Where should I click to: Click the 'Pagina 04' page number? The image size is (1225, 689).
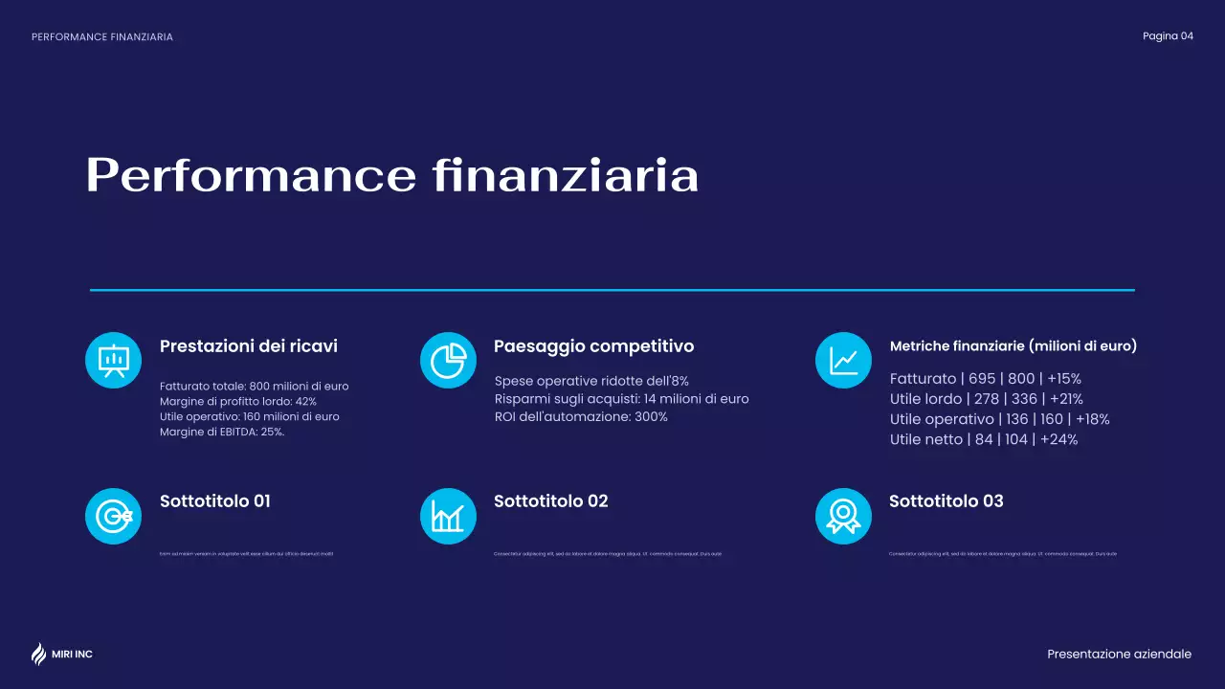click(x=1168, y=36)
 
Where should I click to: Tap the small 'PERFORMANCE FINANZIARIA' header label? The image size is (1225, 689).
click(x=102, y=37)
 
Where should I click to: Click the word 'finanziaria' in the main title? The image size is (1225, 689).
click(x=565, y=176)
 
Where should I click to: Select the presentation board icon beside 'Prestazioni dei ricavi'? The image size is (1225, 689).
click(x=114, y=360)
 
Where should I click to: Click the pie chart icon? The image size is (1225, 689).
click(x=448, y=360)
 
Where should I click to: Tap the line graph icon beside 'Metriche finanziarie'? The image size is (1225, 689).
click(x=843, y=360)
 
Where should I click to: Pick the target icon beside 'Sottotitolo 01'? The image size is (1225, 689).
click(x=114, y=516)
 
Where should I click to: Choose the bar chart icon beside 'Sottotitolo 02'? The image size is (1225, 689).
click(x=448, y=516)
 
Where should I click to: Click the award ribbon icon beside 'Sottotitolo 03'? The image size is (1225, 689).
click(x=843, y=516)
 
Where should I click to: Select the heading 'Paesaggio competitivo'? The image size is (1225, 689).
click(x=593, y=346)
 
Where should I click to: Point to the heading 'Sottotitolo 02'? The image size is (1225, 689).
click(x=550, y=501)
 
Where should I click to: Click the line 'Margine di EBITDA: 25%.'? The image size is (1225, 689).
click(x=222, y=433)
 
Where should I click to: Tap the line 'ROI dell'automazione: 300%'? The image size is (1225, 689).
click(x=581, y=417)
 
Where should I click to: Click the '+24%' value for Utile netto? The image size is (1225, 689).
click(x=1058, y=440)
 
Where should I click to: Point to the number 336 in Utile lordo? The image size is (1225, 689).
click(x=1024, y=399)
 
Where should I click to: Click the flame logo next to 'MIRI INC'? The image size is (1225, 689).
click(x=38, y=654)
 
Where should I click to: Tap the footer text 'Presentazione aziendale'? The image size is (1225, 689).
click(x=1119, y=655)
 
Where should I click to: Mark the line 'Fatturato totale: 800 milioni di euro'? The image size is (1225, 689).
click(x=254, y=387)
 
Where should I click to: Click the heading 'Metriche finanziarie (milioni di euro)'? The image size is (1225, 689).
click(x=1013, y=346)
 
